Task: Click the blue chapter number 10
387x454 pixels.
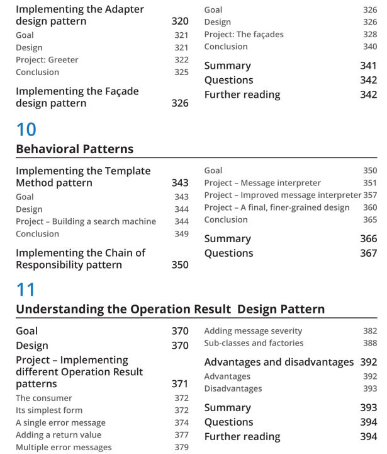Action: pos(26,130)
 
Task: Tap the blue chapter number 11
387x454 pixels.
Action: pos(25,290)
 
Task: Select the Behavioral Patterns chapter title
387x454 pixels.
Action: pos(74,149)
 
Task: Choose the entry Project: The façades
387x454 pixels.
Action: pos(244,35)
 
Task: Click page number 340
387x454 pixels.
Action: pos(370,47)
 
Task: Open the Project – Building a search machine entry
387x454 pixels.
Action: pos(86,221)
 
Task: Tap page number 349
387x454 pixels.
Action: pos(181,234)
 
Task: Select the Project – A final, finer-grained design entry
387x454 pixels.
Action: pos(277,207)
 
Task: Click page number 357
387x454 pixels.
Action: pos(370,195)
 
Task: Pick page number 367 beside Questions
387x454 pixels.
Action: pos(368,253)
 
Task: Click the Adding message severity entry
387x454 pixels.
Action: pos(253,331)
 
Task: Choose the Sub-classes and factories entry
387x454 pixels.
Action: pos(254,343)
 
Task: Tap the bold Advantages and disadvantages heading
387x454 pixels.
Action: pos(279,362)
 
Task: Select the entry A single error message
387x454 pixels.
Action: pos(60,423)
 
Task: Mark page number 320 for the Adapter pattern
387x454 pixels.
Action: pos(180,21)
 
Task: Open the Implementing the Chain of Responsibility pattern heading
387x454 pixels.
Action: pos(81,259)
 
